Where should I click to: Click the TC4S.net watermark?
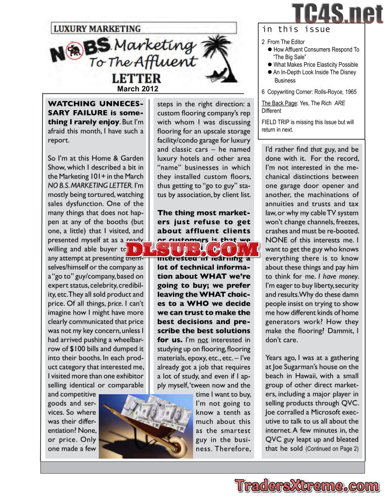(337, 13)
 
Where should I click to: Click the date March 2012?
(138, 89)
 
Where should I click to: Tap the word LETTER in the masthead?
(136, 78)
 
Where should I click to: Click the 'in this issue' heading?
(296, 30)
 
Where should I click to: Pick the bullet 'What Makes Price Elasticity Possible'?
(315, 64)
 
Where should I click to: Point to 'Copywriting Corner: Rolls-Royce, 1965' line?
(309, 91)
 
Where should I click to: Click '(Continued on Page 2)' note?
(332, 449)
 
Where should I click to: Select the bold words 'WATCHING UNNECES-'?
(95, 104)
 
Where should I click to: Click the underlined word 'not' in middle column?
(202, 340)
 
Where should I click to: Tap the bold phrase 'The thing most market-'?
(204, 213)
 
